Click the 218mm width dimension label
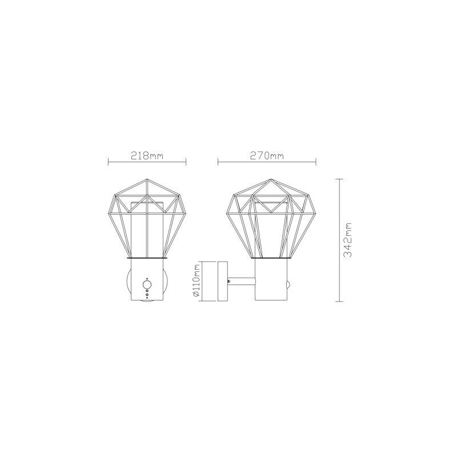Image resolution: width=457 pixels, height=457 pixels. click(x=147, y=155)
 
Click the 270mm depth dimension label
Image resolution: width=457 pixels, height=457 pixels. click(x=267, y=155)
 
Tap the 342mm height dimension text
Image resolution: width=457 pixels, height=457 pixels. click(x=347, y=240)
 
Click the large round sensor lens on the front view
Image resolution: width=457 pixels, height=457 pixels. click(x=147, y=284)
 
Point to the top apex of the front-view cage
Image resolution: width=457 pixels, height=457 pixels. click(x=147, y=179)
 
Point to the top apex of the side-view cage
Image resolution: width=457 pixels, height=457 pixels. click(x=271, y=179)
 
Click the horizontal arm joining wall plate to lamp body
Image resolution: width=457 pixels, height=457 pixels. click(x=241, y=281)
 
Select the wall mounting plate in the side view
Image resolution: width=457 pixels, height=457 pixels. click(x=223, y=281)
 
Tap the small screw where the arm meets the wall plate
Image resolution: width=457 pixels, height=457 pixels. click(x=230, y=281)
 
